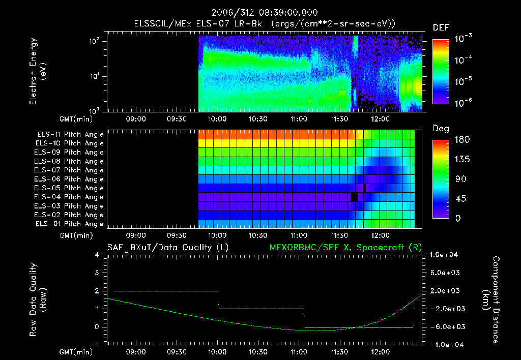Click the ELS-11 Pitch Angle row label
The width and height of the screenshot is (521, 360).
point(70,135)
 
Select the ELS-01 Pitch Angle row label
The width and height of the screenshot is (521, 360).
point(70,224)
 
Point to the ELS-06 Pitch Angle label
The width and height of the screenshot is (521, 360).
point(70,179)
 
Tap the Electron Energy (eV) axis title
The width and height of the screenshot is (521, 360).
point(38,73)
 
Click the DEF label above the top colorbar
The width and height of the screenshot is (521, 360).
point(441,27)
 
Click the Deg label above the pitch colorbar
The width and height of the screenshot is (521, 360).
point(441,128)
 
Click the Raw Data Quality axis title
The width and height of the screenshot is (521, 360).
point(38,300)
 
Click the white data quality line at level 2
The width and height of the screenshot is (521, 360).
point(166,291)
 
